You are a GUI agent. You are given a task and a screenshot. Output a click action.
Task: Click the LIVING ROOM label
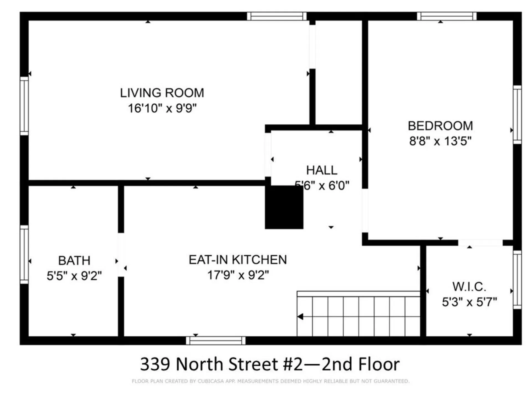pyautogui.click(x=162, y=93)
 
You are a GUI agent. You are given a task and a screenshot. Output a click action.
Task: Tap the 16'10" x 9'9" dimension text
pyautogui.click(x=162, y=108)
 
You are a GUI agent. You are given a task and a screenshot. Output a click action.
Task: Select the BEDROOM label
pyautogui.click(x=440, y=126)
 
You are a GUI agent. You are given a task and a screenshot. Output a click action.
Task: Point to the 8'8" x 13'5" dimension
pyautogui.click(x=440, y=141)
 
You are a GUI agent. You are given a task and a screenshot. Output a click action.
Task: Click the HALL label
pyautogui.click(x=321, y=170)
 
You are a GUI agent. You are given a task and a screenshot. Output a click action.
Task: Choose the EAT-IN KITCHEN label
pyautogui.click(x=238, y=260)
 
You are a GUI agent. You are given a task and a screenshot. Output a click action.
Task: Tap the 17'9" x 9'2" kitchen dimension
pyautogui.click(x=238, y=275)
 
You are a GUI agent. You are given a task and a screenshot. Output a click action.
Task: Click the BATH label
pyautogui.click(x=74, y=261)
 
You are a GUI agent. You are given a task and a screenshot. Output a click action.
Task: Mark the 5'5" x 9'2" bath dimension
pyautogui.click(x=74, y=276)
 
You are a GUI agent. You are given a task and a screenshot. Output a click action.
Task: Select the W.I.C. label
pyautogui.click(x=469, y=287)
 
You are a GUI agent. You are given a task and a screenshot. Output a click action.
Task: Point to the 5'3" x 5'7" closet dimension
pyautogui.click(x=469, y=302)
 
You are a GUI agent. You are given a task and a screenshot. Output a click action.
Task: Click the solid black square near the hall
pyautogui.click(x=284, y=207)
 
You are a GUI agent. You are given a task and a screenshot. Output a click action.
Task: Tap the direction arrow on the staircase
pyautogui.click(x=300, y=316)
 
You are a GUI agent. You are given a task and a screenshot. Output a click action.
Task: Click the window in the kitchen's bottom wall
pyautogui.click(x=216, y=341)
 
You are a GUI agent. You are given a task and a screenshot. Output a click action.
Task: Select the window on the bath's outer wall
pyautogui.click(x=24, y=254)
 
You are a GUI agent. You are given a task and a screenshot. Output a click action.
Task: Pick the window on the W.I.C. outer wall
pyautogui.click(x=517, y=280)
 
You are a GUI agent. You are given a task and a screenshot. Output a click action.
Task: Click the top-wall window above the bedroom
pyautogui.click(x=446, y=16)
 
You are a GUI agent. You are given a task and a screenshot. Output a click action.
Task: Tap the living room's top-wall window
pyautogui.click(x=277, y=16)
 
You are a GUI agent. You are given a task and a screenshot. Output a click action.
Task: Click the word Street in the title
pyautogui.click(x=254, y=364)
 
